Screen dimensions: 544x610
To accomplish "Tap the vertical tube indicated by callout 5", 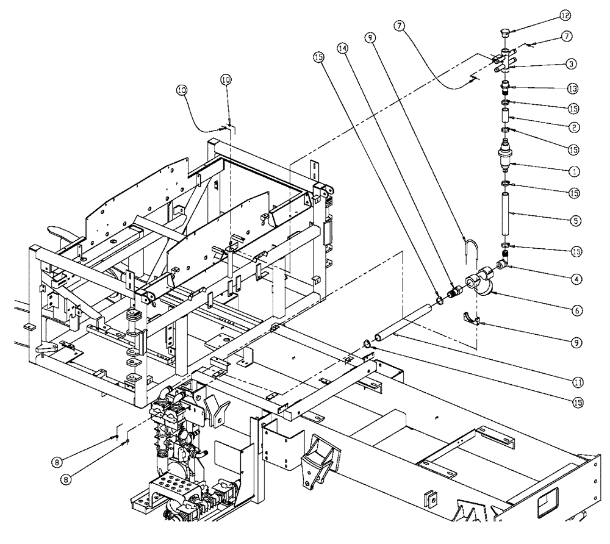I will (x=506, y=213).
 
